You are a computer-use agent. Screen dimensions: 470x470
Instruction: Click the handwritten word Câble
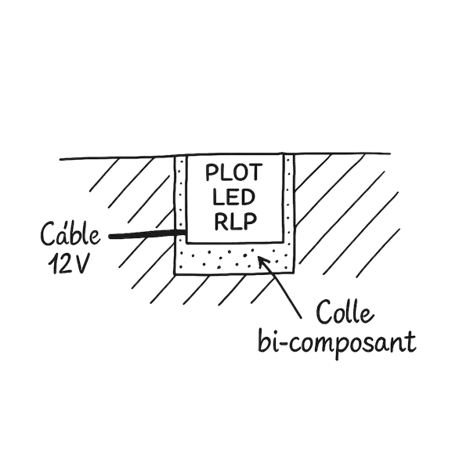click(70, 235)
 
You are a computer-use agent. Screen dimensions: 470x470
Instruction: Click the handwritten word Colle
click(345, 316)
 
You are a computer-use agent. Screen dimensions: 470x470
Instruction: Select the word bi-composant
click(338, 343)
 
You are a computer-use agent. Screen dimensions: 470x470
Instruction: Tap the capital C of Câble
click(49, 235)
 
